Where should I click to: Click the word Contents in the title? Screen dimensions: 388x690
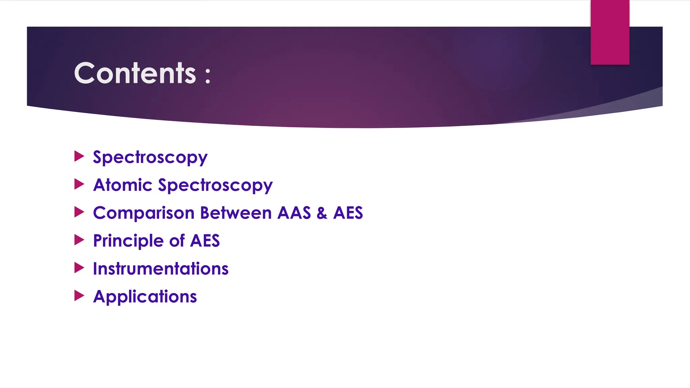(x=135, y=73)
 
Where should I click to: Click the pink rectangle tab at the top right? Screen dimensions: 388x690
(x=610, y=32)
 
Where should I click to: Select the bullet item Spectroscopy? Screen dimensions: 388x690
(x=150, y=158)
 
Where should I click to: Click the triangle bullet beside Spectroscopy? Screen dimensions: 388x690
(x=79, y=156)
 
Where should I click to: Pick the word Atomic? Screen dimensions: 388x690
(x=123, y=185)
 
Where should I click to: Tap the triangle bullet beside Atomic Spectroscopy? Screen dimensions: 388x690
(x=79, y=184)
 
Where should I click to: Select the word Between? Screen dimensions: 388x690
(x=236, y=213)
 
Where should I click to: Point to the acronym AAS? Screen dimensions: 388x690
(x=294, y=213)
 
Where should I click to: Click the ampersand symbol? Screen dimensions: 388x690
(x=322, y=213)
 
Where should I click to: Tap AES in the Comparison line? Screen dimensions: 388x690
(x=348, y=213)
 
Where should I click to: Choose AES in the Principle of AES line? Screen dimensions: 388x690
(x=205, y=241)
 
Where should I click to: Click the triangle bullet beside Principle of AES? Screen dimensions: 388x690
(x=79, y=240)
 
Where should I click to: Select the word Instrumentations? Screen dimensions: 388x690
(x=160, y=269)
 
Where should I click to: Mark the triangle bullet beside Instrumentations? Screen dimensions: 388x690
(x=79, y=268)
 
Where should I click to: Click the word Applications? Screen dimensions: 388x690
(x=145, y=297)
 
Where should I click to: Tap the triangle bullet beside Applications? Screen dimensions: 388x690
(x=79, y=296)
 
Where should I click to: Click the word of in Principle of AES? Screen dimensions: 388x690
(x=177, y=241)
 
